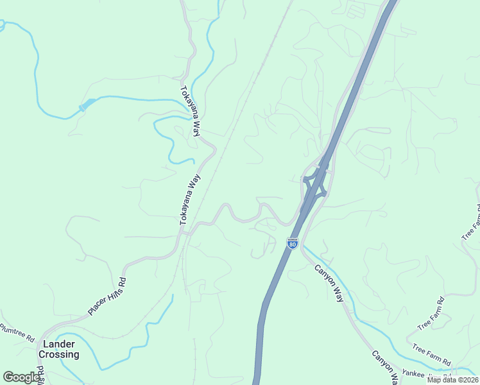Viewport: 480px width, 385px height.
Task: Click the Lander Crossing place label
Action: click(58, 349)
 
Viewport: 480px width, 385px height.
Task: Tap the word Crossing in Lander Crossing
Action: click(59, 354)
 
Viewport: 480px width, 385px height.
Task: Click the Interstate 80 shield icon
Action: click(293, 243)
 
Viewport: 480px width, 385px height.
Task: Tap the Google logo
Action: click(22, 377)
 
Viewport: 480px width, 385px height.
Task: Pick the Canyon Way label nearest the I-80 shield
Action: click(329, 283)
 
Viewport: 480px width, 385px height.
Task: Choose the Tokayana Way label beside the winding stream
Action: click(191, 111)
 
